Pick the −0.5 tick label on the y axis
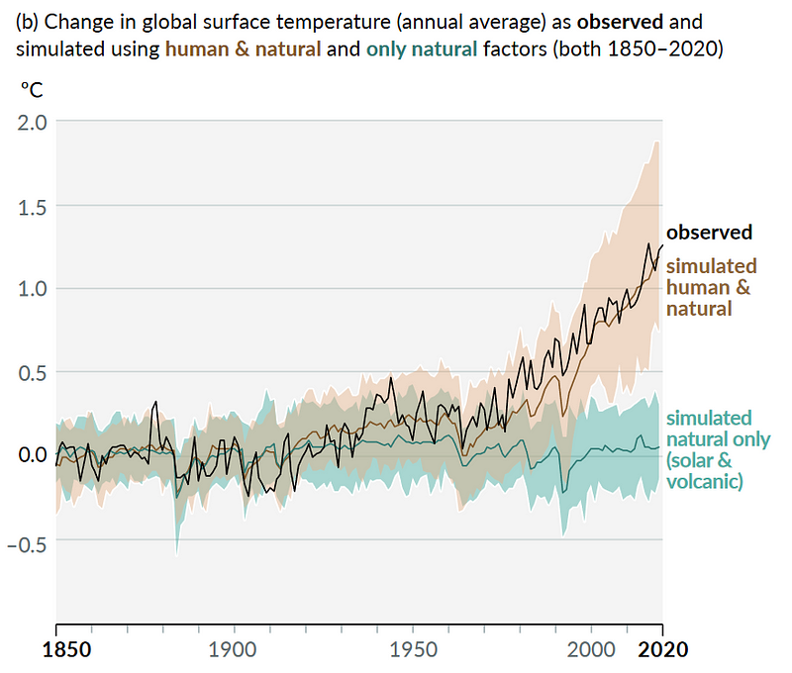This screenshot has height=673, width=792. coord(27,540)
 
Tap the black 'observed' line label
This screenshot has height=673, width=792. coord(709,233)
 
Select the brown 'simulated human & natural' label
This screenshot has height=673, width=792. coord(711,287)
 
